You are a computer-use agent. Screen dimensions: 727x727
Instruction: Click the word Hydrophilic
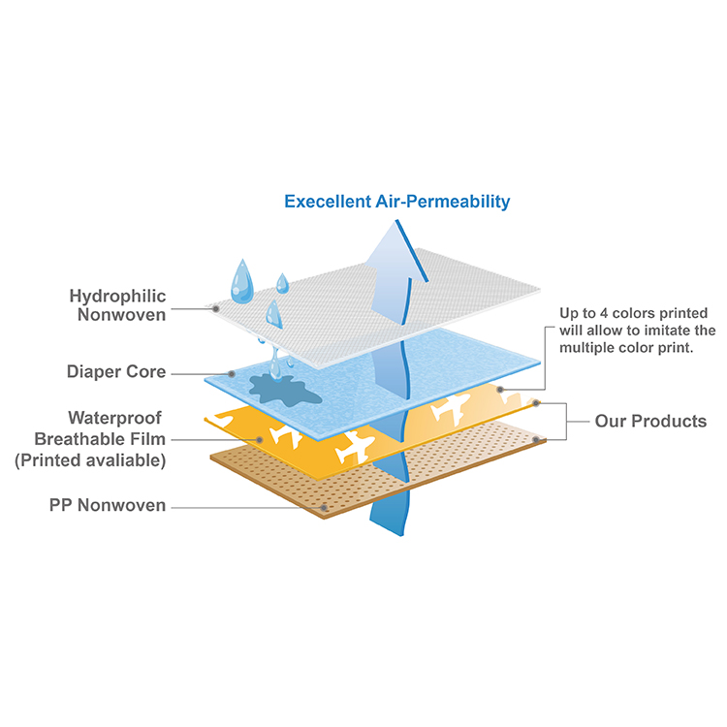[x=117, y=296]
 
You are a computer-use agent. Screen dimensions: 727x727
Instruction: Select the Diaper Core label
[x=116, y=371]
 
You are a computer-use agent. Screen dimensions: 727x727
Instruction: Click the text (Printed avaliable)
[x=89, y=460]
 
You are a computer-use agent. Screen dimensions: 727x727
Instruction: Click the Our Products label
[x=650, y=421]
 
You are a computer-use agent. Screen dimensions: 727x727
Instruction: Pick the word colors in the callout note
[x=635, y=313]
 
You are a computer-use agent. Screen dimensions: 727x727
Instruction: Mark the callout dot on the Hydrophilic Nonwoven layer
[x=215, y=309]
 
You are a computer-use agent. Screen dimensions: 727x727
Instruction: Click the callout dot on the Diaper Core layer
[x=232, y=373]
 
